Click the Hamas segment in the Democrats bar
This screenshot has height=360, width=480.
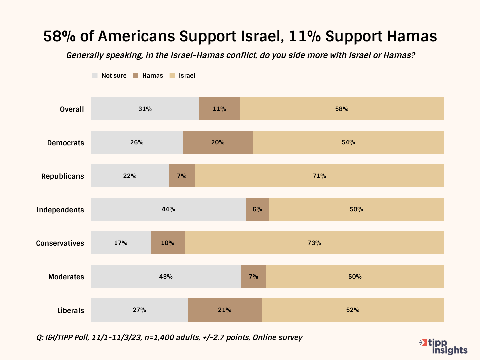pyautogui.click(x=218, y=142)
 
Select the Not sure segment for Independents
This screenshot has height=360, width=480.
pyautogui.click(x=168, y=209)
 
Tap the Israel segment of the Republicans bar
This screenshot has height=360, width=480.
pyautogui.click(x=319, y=176)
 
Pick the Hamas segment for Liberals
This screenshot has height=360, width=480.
pyautogui.click(x=224, y=310)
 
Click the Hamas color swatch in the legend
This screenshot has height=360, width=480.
pyautogui.click(x=136, y=76)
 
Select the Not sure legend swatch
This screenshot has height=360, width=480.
pyautogui.click(x=95, y=76)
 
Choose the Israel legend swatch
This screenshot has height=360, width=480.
pyautogui.click(x=172, y=76)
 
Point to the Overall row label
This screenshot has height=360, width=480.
pyautogui.click(x=72, y=109)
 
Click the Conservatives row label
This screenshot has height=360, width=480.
pyautogui.click(x=60, y=243)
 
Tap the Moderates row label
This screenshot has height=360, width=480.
pyautogui.click(x=66, y=277)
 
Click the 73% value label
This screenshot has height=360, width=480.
pyautogui.click(x=314, y=243)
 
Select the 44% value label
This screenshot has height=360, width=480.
pyautogui.click(x=168, y=209)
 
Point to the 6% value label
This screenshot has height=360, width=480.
pyautogui.click(x=257, y=209)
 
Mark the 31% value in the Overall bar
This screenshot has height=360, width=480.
pyautogui.click(x=145, y=109)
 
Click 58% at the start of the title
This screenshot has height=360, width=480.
pyautogui.click(x=59, y=36)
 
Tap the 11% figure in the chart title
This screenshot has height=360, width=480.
pyautogui.click(x=305, y=36)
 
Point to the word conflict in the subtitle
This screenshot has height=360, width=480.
pyautogui.click(x=242, y=55)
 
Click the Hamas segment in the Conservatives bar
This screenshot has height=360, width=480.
pyautogui.click(x=168, y=243)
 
